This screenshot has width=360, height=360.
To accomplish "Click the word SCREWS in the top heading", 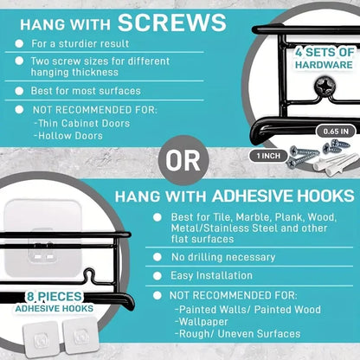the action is [172, 22].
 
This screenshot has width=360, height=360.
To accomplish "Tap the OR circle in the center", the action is [183, 160].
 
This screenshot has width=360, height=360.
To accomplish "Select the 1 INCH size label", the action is [268, 156].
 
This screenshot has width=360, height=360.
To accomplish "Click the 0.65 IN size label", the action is [336, 132].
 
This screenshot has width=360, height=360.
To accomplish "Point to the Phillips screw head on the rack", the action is [325, 84].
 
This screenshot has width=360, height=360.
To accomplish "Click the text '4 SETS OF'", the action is [325, 53].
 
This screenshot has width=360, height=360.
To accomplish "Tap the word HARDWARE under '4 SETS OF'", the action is [324, 65].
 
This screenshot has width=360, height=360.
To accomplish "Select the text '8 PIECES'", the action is [55, 296].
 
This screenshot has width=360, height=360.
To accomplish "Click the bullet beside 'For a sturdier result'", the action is [19, 43].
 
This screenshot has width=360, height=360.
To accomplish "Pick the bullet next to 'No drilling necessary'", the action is [157, 257].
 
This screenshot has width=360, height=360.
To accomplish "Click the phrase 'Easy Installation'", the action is [211, 275].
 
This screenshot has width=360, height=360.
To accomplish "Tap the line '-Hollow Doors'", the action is [68, 136].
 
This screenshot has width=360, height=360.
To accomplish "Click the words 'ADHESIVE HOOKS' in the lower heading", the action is [283, 196].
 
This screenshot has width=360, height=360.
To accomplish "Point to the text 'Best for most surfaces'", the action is [86, 91].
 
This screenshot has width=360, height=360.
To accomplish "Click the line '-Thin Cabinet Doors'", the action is [82, 124].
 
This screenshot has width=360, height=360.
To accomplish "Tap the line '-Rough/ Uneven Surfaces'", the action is [237, 334].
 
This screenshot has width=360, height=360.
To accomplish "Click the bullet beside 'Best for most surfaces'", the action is [19, 91].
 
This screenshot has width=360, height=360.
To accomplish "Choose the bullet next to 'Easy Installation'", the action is [157, 276].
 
